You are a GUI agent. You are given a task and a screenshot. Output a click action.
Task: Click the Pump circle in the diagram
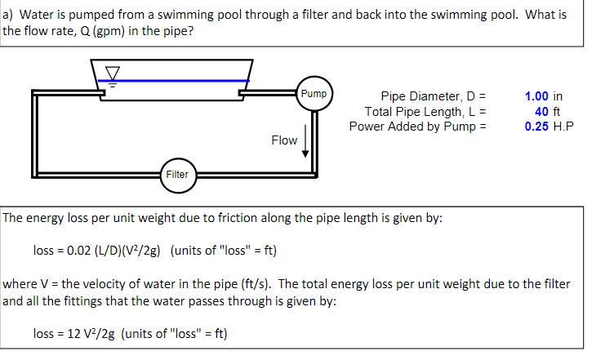(x=314, y=94)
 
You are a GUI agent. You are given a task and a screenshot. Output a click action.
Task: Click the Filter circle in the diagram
(x=176, y=174)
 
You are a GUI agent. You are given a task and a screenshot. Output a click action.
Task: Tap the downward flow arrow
(x=305, y=140)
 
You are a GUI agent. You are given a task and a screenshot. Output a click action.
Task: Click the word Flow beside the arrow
(x=283, y=140)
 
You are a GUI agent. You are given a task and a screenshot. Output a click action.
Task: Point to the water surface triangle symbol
(x=113, y=75)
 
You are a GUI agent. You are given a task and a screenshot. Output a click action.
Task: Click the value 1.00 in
(x=543, y=96)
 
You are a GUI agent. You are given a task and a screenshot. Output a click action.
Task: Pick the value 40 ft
(x=543, y=111)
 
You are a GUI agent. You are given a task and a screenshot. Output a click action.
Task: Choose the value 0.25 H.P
(x=543, y=127)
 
